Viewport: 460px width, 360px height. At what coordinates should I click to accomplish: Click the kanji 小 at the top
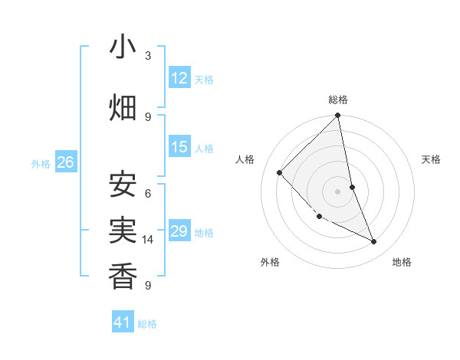[123, 47]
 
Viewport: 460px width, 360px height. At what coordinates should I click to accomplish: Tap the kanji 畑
[123, 107]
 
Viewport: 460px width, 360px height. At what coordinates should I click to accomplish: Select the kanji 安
[123, 185]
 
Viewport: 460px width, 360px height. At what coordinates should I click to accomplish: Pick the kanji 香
[123, 273]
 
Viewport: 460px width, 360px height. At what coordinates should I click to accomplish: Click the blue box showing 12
[179, 78]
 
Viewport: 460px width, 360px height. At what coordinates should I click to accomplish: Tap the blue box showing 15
[179, 147]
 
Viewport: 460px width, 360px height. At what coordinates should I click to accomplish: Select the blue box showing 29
[179, 231]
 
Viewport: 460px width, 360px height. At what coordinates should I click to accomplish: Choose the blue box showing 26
[65, 162]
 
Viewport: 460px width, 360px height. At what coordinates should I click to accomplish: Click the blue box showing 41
[123, 322]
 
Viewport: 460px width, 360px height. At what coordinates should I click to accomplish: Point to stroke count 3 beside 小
[148, 56]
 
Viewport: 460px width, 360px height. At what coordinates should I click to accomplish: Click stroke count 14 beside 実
[148, 240]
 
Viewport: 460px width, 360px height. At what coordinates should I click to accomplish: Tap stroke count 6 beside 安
[148, 194]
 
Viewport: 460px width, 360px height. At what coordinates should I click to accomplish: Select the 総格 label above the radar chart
[338, 100]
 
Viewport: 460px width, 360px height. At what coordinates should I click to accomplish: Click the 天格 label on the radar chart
[432, 159]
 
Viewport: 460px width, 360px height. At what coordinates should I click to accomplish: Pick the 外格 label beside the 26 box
[41, 163]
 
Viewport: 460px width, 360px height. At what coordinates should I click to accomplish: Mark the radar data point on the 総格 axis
[338, 116]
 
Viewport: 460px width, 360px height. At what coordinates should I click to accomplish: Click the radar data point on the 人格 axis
[280, 172]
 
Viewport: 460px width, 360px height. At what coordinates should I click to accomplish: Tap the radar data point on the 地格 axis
[374, 241]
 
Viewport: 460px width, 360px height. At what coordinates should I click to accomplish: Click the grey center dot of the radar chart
[338, 191]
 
